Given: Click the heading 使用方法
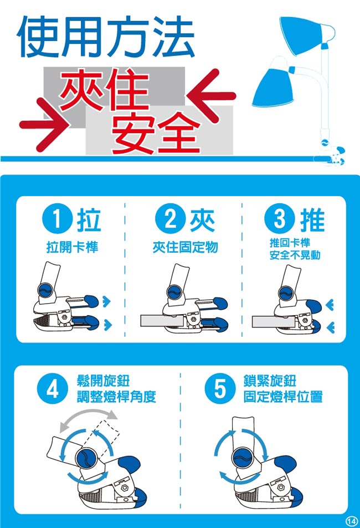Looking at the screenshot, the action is click(106, 37).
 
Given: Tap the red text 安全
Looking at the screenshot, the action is click(156, 132).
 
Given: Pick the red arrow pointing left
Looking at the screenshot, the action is click(211, 96).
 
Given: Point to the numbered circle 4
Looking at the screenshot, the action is click(52, 389).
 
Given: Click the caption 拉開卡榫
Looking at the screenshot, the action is click(72, 248).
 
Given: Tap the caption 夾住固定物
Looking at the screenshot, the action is click(185, 248).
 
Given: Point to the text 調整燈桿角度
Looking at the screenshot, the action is click(116, 397).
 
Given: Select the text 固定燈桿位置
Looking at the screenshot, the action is click(283, 397).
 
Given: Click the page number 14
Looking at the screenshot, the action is click(351, 521).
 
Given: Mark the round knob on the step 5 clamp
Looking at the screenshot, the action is click(245, 458).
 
